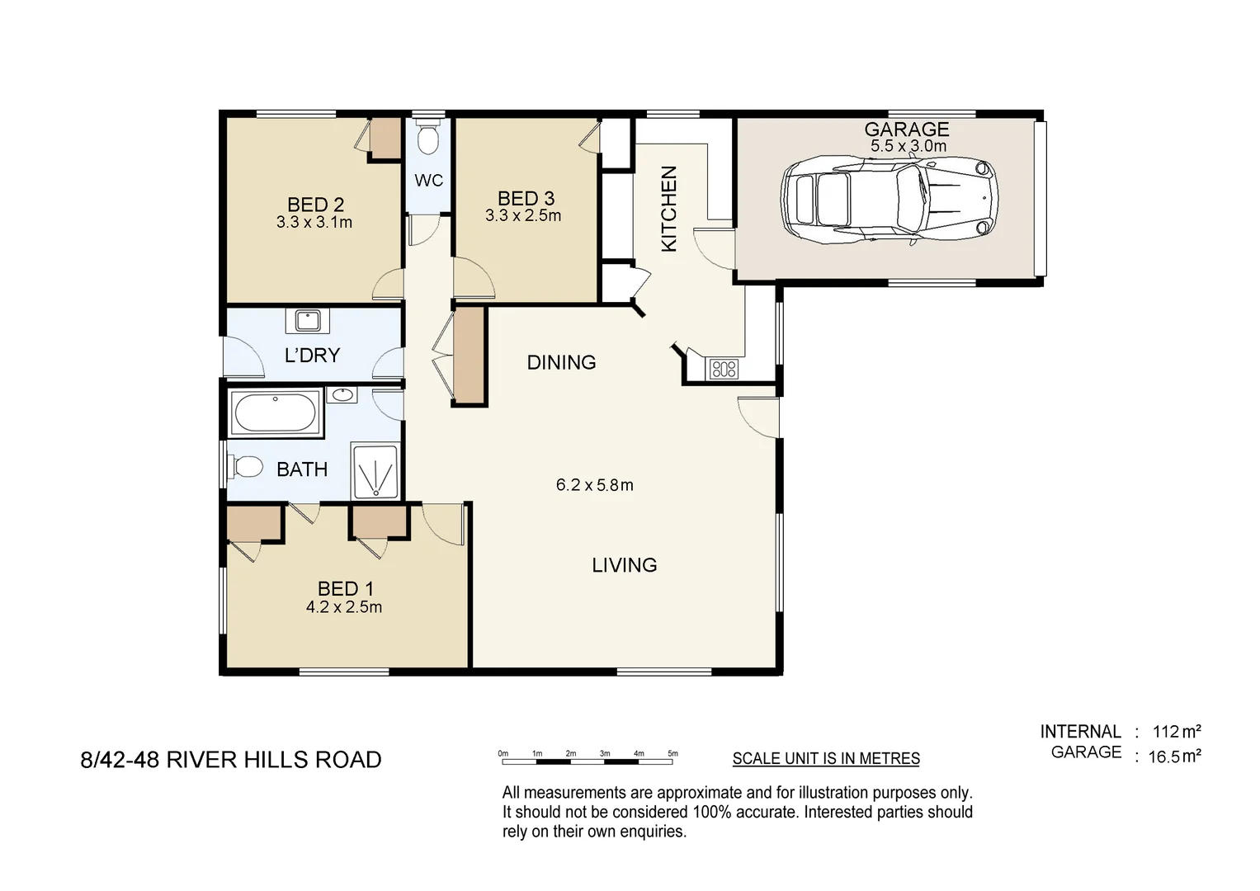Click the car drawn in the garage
[889, 201]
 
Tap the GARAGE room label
[906, 130]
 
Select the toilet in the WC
[427, 139]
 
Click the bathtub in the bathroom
[275, 412]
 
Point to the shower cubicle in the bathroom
[375, 472]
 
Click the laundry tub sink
[308, 319]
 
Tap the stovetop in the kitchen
[724, 369]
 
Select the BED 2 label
[315, 205]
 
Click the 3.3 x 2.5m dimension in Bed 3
[523, 216]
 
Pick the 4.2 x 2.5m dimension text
[344, 607]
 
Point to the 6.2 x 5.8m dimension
[594, 485]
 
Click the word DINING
[561, 362]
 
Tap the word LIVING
[624, 565]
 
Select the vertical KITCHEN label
[669, 209]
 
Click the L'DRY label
[312, 356]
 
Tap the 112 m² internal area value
[1176, 732]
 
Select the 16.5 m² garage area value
[1174, 757]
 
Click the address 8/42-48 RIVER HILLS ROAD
[231, 760]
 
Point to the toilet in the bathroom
[245, 468]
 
